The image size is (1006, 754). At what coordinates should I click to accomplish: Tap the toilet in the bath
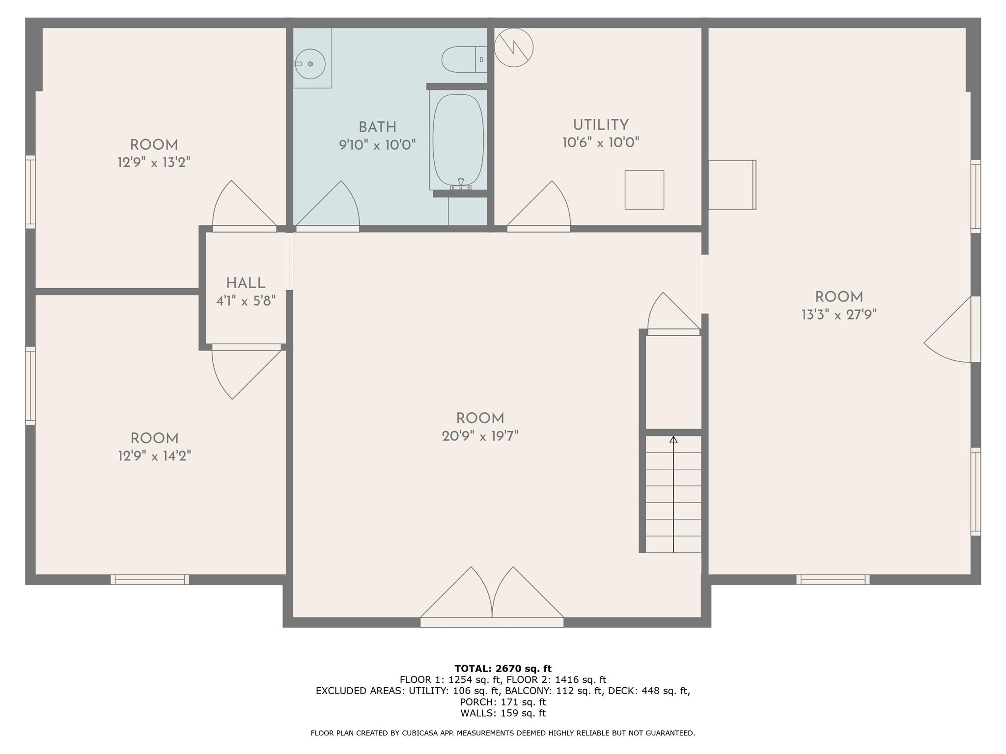click(462, 59)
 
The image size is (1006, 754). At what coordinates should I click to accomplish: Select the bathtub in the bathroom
click(458, 140)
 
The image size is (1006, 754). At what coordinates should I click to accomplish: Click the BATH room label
click(377, 127)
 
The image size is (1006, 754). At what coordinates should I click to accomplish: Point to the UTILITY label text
click(600, 125)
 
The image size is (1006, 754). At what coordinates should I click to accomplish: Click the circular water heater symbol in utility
click(513, 48)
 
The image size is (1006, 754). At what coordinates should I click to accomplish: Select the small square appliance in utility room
click(644, 190)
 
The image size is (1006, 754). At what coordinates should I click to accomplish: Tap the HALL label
click(246, 283)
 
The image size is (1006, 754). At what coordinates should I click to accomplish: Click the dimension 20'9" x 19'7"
click(480, 436)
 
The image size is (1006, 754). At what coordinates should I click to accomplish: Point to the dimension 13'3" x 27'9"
click(838, 315)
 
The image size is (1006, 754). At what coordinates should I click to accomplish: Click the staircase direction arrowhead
click(673, 440)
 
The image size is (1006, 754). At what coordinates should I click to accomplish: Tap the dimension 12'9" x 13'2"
click(154, 162)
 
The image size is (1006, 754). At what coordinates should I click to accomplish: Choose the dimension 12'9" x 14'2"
click(154, 456)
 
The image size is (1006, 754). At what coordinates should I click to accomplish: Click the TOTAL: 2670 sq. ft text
click(503, 669)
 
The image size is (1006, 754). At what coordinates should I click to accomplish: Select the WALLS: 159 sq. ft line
click(503, 713)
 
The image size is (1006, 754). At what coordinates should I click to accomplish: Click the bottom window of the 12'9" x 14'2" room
click(150, 579)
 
